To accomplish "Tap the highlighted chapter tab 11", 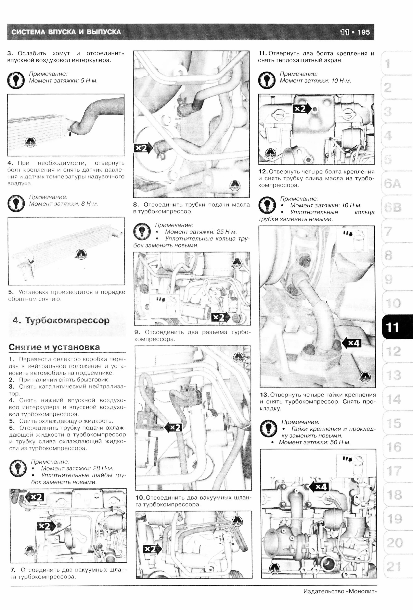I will tap(392, 327).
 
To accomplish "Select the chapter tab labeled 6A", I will tap(392, 184).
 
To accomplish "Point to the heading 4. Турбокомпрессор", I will tap(61, 321).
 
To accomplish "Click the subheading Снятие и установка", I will tap(54, 347).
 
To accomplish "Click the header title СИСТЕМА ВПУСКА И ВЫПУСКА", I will tap(66, 32).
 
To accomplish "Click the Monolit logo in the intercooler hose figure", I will tap(30, 142).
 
